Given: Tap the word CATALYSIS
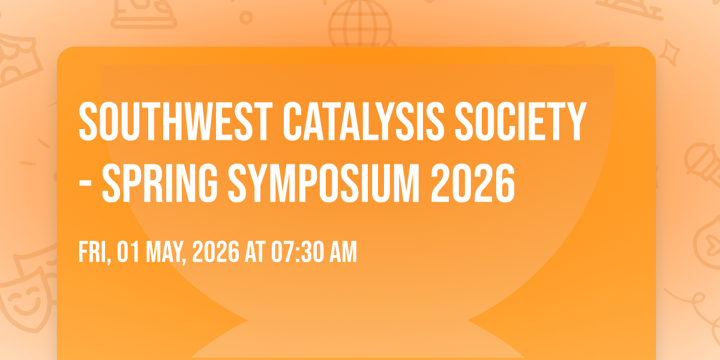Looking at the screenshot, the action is pyautogui.click(x=364, y=121).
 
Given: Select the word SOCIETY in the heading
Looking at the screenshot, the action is pyautogui.click(x=521, y=121).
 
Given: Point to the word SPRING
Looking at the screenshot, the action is pyautogui.click(x=160, y=183).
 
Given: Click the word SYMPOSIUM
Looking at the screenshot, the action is pyautogui.click(x=323, y=183).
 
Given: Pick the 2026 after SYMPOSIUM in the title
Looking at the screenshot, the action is pyautogui.click(x=473, y=183).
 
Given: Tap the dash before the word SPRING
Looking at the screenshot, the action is pyautogui.click(x=85, y=186).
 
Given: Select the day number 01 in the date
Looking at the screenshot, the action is pyautogui.click(x=128, y=252).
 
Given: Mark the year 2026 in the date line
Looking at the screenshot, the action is pyautogui.click(x=215, y=252).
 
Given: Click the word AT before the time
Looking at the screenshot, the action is pyautogui.click(x=255, y=252).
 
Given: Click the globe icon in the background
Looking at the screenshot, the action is pyautogui.click(x=361, y=24).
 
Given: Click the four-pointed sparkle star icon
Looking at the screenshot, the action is pyautogui.click(x=669, y=53).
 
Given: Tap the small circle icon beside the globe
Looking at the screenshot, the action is pyautogui.click(x=246, y=17).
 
